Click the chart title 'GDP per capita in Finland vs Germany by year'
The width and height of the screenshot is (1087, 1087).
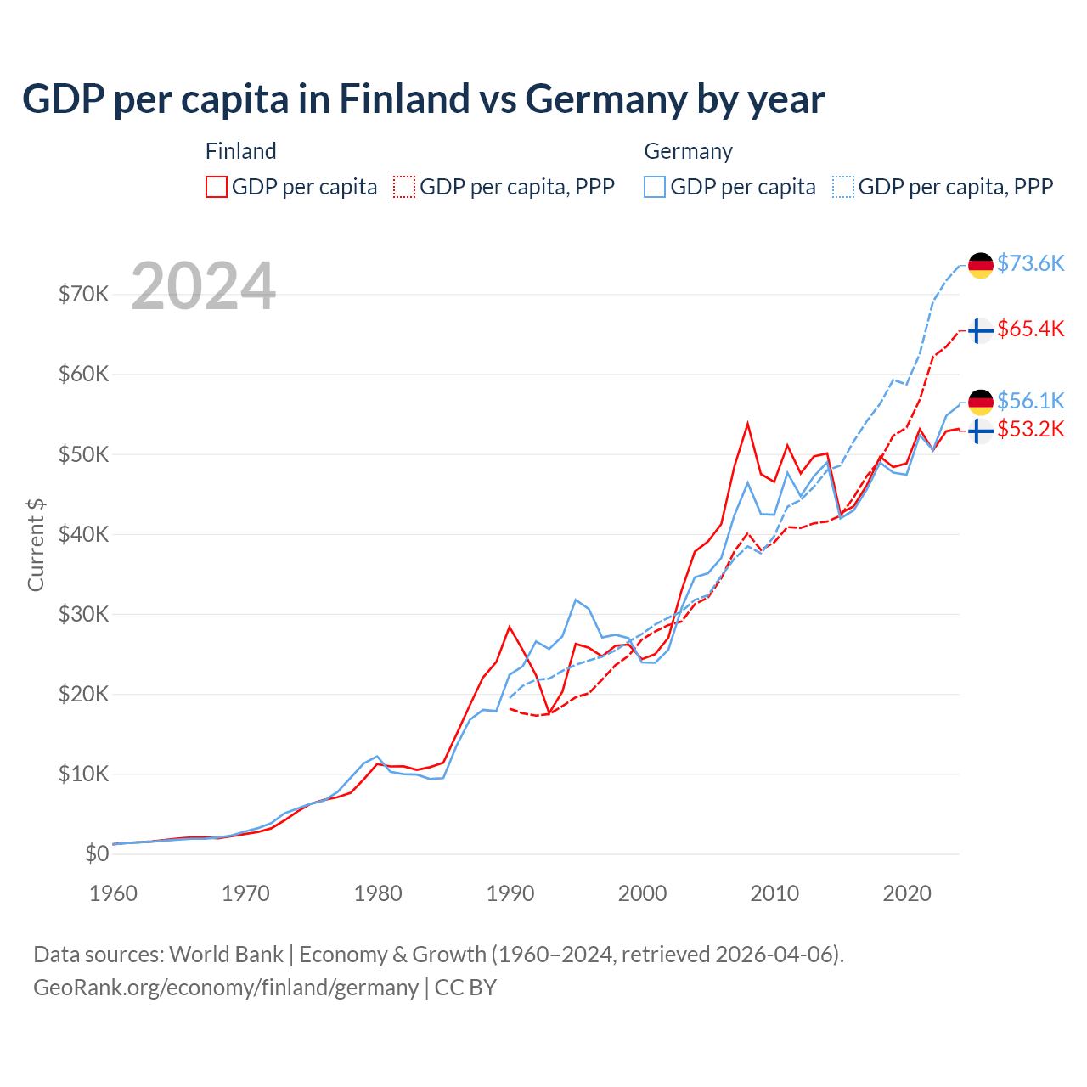pos(423,99)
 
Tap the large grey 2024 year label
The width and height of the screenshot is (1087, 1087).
pos(204,286)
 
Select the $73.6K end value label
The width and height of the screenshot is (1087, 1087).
pos(1030,263)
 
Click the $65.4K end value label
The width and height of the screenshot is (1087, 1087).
pos(1030,329)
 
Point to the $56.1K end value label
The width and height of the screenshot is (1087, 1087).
pos(1030,400)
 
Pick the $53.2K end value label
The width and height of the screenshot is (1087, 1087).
pos(1030,429)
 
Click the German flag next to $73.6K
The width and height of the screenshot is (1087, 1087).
pos(981,265)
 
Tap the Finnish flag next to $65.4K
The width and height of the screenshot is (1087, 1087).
pos(981,330)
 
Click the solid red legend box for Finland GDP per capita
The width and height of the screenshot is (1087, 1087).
pos(217,187)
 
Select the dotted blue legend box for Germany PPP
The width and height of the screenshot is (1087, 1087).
pos(843,187)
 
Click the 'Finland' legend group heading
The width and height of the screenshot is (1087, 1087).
pos(241,151)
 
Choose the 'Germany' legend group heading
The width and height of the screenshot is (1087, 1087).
pos(688,151)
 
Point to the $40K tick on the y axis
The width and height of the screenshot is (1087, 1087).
pos(83,534)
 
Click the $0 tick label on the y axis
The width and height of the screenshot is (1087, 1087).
pos(97,853)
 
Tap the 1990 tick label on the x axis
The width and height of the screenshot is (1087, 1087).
pos(510,893)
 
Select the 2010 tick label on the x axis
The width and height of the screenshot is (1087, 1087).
pos(774,893)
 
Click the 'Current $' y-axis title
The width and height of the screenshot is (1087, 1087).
pos(36,544)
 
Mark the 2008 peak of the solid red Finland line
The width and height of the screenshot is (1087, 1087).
pos(747,423)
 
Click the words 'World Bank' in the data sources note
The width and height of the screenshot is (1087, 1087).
pos(226,955)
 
